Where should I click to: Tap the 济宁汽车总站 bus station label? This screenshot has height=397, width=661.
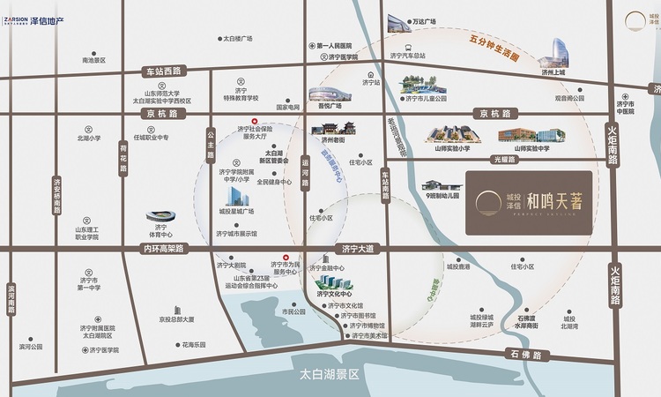pyautogui.click(x=405, y=56)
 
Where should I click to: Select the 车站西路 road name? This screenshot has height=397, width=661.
pyautogui.click(x=162, y=70)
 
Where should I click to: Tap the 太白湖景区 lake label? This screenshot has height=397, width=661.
pyautogui.click(x=330, y=374)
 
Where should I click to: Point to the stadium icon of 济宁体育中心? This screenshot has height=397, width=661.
pyautogui.click(x=160, y=217)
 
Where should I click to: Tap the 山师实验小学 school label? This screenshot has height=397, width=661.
pyautogui.click(x=456, y=149)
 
